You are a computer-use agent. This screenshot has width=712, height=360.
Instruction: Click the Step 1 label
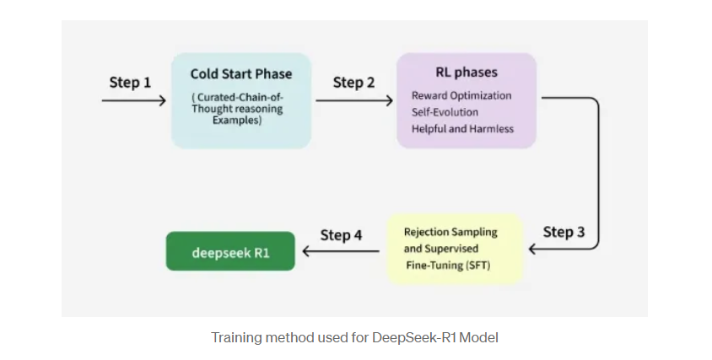[130, 83]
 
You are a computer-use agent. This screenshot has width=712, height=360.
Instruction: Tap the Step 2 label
[353, 82]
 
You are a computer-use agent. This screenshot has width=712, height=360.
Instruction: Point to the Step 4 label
[341, 234]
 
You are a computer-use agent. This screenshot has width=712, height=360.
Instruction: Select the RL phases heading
[467, 73]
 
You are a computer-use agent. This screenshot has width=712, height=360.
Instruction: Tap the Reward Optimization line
[461, 95]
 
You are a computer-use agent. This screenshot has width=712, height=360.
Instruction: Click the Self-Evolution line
[445, 112]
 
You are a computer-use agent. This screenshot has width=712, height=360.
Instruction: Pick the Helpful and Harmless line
[462, 128]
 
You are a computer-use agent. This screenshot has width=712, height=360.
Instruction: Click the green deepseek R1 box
[230, 251]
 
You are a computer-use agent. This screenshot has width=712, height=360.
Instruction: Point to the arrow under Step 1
[134, 101]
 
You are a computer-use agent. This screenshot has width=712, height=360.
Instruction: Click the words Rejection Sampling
[450, 232]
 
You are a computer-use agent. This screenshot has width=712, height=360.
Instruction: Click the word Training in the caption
[234, 337]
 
